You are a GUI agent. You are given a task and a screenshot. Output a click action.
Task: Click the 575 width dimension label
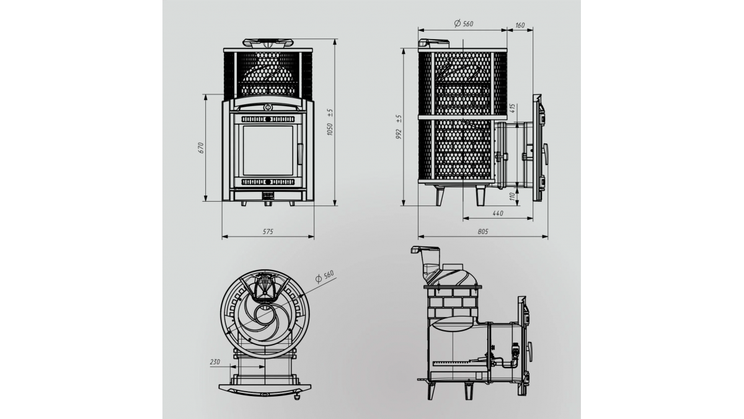click(268, 232)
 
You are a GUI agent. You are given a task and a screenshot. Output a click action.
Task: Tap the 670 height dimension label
click(201, 148)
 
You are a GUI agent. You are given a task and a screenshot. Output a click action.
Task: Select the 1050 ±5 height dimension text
click(330, 122)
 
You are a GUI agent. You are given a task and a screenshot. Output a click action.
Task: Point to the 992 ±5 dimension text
click(399, 127)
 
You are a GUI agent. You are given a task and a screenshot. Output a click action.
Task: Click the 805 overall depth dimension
click(482, 232)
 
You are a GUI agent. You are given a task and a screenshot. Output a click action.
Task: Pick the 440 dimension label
click(497, 213)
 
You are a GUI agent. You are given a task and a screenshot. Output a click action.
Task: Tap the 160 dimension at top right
click(520, 25)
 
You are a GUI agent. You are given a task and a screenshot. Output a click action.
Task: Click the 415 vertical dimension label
click(512, 109)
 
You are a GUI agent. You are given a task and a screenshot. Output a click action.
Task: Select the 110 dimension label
click(512, 196)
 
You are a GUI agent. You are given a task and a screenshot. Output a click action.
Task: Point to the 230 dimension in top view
click(215, 362)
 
